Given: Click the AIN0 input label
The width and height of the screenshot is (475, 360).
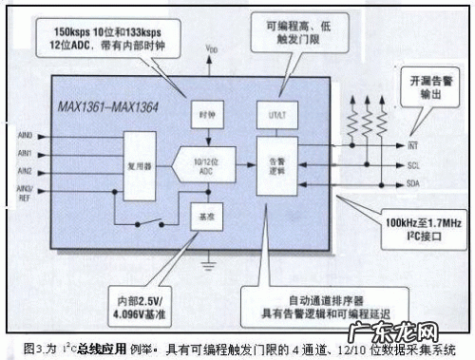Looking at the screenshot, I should (x=26, y=135).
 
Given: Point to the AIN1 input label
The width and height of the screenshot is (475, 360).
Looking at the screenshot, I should (x=26, y=153).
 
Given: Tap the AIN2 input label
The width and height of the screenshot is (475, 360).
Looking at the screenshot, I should (x=26, y=171).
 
